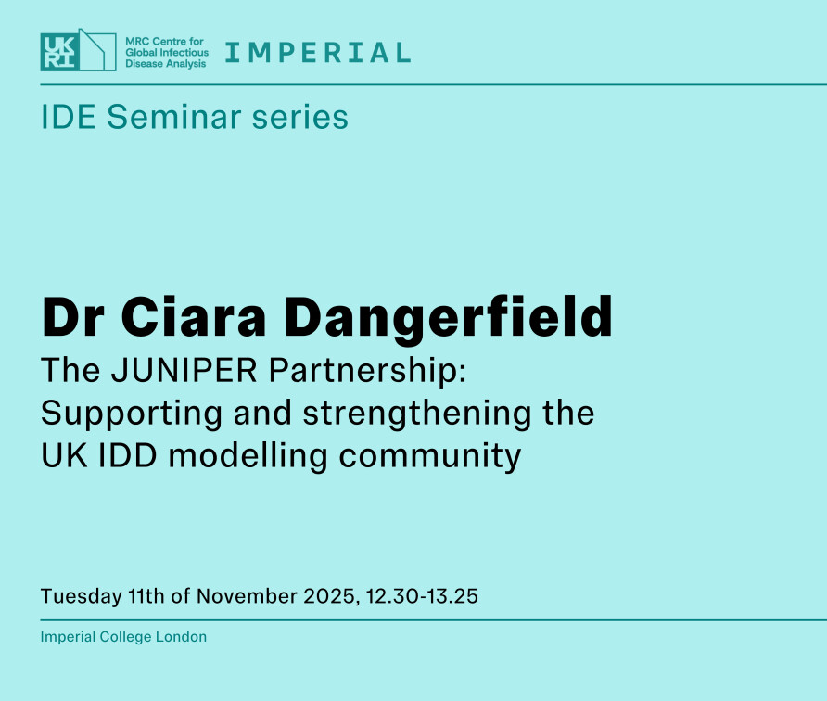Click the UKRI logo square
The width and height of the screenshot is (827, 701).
[x=60, y=52]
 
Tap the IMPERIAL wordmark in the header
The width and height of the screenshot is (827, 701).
[x=318, y=53]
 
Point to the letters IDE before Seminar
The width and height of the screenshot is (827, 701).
[x=68, y=117]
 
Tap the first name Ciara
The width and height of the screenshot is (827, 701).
[x=194, y=316]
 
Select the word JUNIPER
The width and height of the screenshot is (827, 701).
[x=184, y=370]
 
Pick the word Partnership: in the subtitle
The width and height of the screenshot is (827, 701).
[x=368, y=371]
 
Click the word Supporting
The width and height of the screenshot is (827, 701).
[x=132, y=414]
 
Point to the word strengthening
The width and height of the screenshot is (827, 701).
[x=416, y=414]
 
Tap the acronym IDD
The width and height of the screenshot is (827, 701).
[x=128, y=455]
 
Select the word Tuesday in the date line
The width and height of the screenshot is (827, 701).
[x=82, y=596]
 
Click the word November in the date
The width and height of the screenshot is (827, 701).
[x=247, y=596]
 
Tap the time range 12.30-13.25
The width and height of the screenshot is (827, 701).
[x=423, y=596]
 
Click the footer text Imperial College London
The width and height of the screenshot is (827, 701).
[x=123, y=637]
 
